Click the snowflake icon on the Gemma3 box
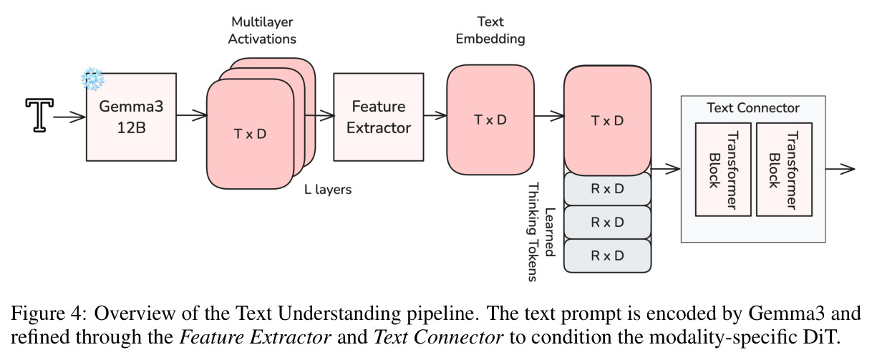click(x=92, y=79)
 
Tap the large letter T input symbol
click(x=39, y=115)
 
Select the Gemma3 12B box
click(x=131, y=117)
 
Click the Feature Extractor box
click(x=379, y=117)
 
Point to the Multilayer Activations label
click(x=262, y=30)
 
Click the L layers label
click(x=328, y=190)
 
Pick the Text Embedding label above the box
click(x=490, y=30)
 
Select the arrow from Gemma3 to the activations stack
click(x=192, y=115)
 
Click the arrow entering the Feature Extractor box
click(x=319, y=115)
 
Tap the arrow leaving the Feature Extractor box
click(x=435, y=115)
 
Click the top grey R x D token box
click(x=607, y=189)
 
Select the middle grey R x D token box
click(x=607, y=223)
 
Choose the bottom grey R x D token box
click(x=607, y=256)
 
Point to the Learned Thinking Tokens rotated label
click(x=541, y=232)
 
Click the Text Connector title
click(x=753, y=108)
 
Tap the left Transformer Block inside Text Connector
click(x=723, y=170)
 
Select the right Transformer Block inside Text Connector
click(x=784, y=170)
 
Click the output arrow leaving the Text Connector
click(x=840, y=169)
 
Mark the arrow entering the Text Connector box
click(x=666, y=169)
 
